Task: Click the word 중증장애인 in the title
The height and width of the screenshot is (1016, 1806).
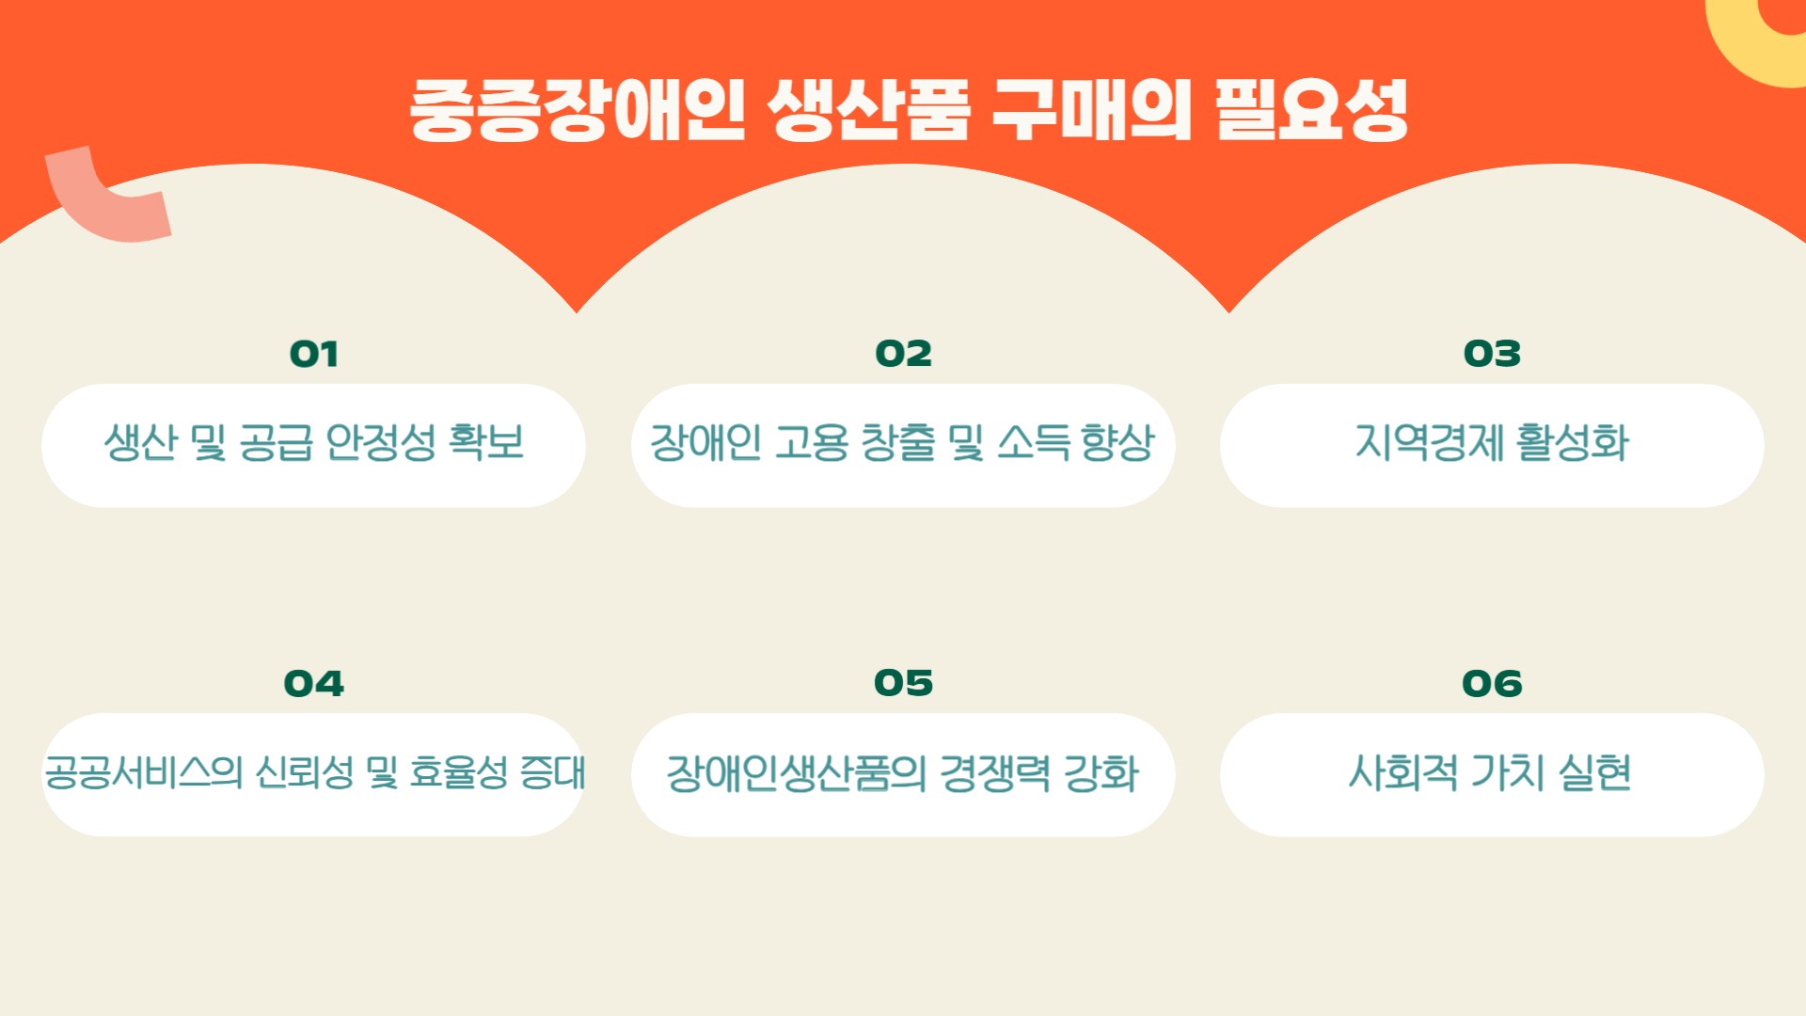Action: pyautogui.click(x=578, y=110)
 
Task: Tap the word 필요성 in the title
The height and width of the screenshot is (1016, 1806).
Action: pyautogui.click(x=1311, y=110)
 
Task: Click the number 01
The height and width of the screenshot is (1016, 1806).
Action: pyautogui.click(x=313, y=355)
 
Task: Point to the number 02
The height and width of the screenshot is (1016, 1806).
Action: pyautogui.click(x=903, y=354)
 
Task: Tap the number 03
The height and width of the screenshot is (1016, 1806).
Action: pyautogui.click(x=1492, y=354)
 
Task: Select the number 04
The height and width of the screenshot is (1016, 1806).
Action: pyautogui.click(x=313, y=684)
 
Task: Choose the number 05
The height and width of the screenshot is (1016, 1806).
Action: pyautogui.click(x=903, y=683)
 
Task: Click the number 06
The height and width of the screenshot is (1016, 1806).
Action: pyautogui.click(x=1492, y=684)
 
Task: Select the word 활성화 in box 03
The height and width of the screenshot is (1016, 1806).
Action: pyautogui.click(x=1574, y=442)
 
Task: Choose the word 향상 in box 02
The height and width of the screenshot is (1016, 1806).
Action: pyautogui.click(x=1117, y=442)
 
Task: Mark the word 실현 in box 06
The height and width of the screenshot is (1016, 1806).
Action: pyautogui.click(x=1594, y=772)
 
